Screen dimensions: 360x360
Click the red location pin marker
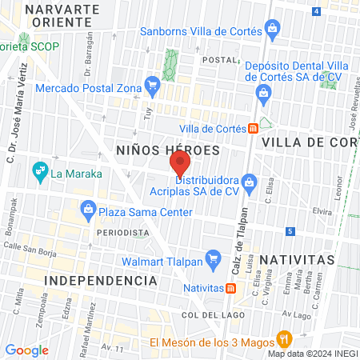[180, 164]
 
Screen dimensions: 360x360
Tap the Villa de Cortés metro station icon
[252, 128]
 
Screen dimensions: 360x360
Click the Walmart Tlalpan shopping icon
[213, 259]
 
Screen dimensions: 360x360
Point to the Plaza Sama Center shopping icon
[86, 212]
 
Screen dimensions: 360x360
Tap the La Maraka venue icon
[38, 171]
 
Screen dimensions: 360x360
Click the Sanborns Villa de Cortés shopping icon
[274, 30]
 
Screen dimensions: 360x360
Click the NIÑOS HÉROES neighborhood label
[167, 150]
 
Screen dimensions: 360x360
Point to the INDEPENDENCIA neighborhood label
[101, 281]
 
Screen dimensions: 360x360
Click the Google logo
[26, 350]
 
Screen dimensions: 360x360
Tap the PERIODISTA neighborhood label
[123, 233]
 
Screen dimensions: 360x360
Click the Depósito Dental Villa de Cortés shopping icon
[262, 93]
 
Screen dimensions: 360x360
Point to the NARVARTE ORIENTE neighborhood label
[62, 16]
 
